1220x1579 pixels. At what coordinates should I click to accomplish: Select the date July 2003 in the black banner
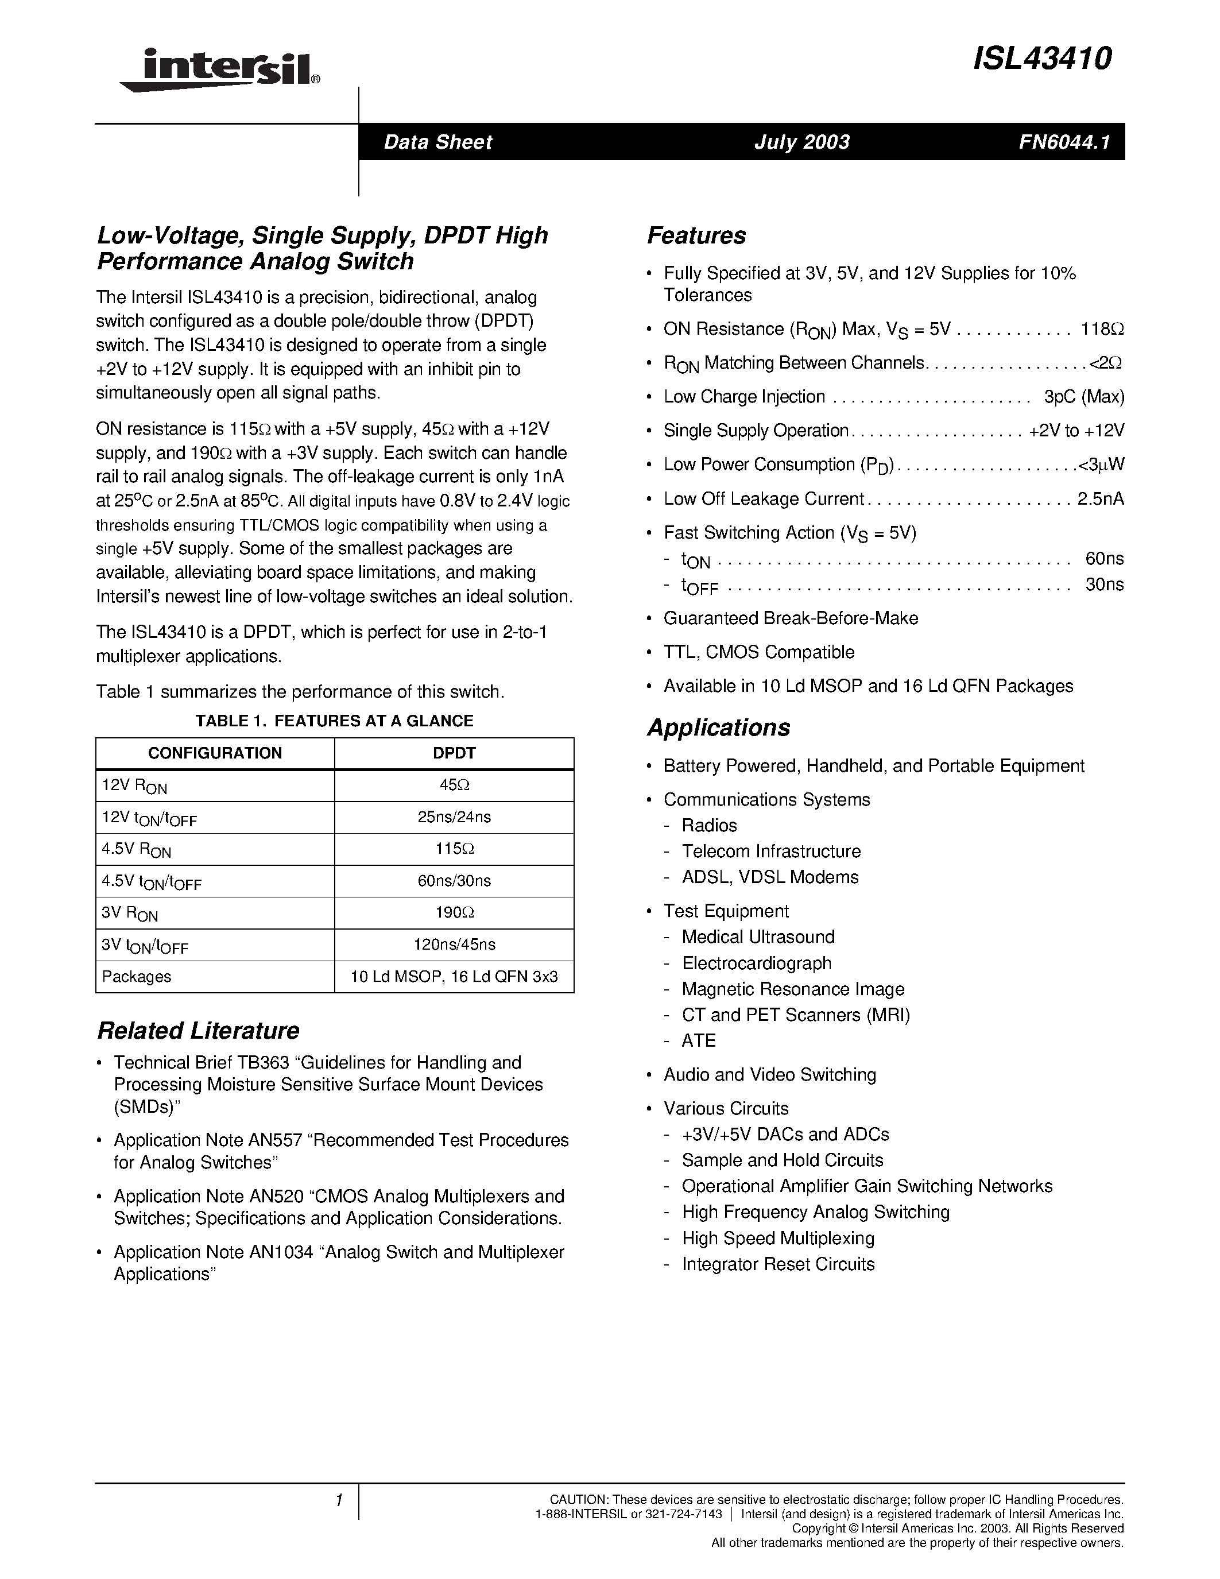click(801, 142)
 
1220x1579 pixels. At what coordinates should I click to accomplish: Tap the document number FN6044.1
click(1063, 142)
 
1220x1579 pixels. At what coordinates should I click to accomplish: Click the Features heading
click(696, 235)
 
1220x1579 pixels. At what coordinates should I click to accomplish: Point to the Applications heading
click(718, 727)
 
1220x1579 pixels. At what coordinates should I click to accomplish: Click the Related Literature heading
click(198, 1030)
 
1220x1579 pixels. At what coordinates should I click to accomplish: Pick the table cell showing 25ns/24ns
click(454, 817)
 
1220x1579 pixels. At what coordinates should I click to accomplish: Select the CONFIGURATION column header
click(215, 753)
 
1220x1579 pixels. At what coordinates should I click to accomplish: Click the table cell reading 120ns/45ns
click(454, 944)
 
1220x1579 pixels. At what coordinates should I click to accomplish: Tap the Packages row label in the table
click(137, 977)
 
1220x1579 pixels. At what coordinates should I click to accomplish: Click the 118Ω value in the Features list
click(1102, 329)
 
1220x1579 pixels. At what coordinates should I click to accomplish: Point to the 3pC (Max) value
click(1083, 397)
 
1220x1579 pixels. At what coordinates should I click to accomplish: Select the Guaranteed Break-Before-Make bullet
click(790, 618)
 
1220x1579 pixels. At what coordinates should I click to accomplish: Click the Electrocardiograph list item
click(756, 963)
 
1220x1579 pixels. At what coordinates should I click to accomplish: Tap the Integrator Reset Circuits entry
click(778, 1264)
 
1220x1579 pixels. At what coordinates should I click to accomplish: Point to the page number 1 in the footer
click(338, 1500)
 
